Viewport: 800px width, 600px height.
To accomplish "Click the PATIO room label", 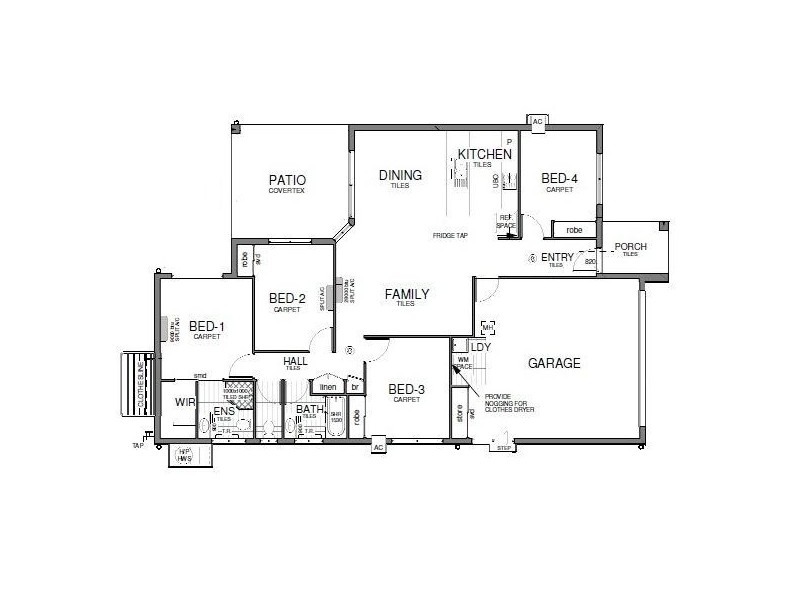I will [x=286, y=181].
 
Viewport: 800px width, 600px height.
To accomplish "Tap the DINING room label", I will [x=400, y=176].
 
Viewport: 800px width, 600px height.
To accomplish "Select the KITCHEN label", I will [x=484, y=154].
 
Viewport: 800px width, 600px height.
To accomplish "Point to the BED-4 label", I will [x=560, y=179].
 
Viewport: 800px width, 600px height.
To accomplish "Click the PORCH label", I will [x=630, y=246].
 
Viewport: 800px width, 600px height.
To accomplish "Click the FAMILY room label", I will [x=407, y=294].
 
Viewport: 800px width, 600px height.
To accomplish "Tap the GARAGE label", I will [x=554, y=363].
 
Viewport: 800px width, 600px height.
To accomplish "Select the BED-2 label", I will [x=287, y=298].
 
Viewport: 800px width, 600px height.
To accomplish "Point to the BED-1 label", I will [x=207, y=326].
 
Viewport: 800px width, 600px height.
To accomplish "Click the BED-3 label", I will [x=407, y=390].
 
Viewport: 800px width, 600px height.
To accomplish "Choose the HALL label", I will [x=295, y=361].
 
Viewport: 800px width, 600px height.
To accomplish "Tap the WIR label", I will [x=185, y=402].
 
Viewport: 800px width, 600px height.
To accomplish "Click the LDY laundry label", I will [x=480, y=347].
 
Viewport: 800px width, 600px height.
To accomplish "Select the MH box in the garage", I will [x=488, y=328].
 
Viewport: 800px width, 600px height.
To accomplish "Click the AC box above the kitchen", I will [x=537, y=121].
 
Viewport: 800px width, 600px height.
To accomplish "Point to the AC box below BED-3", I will [x=378, y=447].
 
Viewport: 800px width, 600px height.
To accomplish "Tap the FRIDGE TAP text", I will [x=450, y=235].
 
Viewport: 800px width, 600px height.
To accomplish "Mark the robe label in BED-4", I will [x=574, y=230].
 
